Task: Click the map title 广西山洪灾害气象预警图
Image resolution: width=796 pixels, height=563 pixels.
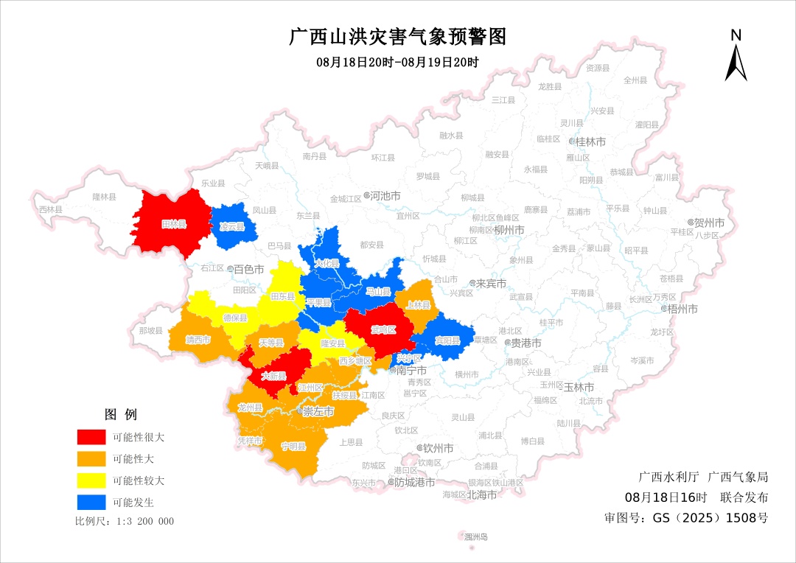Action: (397, 36)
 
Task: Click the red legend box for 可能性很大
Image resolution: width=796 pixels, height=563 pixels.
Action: (91, 437)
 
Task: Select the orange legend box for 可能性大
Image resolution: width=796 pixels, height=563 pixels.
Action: (91, 459)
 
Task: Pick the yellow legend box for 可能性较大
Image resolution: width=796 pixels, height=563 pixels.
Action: (91, 481)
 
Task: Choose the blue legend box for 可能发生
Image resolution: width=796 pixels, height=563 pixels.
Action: (91, 503)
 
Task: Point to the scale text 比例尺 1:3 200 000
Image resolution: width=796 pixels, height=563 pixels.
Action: (125, 521)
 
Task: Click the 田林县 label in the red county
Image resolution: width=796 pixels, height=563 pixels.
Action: (174, 224)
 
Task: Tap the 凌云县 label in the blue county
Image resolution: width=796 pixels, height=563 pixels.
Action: (231, 226)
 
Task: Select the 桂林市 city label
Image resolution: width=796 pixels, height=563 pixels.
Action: (590, 141)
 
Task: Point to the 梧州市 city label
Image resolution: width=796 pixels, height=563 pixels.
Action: (682, 309)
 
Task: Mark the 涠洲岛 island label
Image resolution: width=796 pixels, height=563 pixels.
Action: (475, 537)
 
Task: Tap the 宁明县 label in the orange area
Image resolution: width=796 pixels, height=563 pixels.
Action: (293, 447)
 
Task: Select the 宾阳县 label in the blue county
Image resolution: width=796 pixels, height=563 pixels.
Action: (447, 340)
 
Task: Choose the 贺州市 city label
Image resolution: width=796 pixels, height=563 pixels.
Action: (709, 223)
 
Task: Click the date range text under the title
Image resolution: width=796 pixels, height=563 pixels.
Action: (397, 63)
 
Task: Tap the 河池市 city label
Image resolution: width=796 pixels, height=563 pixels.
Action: (385, 197)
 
